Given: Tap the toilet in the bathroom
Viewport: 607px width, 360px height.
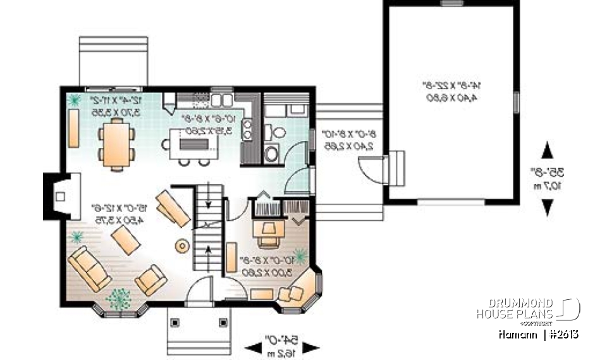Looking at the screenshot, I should (x=276, y=132).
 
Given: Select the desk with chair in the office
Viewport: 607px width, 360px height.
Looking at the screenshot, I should (x=268, y=230).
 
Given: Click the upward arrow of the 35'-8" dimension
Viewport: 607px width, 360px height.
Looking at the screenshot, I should (x=548, y=151).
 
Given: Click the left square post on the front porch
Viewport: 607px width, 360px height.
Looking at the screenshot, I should (x=176, y=321).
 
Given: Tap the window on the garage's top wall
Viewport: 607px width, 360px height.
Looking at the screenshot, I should (x=451, y=3).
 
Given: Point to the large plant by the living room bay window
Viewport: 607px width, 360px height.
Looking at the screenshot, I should (x=118, y=295).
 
